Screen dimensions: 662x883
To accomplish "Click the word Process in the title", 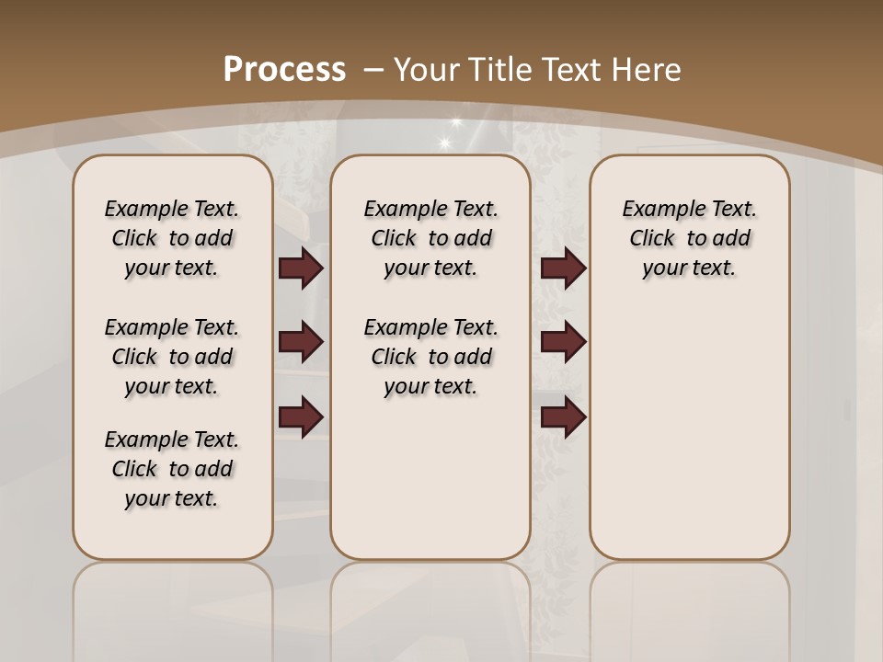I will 284,70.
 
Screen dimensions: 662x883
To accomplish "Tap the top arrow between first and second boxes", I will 301,268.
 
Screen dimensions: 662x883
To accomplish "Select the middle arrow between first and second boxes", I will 301,342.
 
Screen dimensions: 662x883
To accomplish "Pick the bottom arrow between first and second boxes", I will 301,417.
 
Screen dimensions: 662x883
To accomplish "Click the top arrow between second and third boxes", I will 563,268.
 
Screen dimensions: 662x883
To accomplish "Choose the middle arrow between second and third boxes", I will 563,342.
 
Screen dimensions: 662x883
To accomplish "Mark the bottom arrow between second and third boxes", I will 563,417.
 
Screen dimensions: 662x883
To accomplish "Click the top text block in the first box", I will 172,238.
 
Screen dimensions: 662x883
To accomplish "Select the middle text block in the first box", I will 172,357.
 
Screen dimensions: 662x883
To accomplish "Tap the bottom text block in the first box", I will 172,469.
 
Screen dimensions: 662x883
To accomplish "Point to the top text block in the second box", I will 431,238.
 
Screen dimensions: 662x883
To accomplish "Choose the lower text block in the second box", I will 431,357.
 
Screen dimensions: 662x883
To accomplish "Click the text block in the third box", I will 690,238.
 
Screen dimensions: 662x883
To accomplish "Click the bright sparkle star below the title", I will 446,142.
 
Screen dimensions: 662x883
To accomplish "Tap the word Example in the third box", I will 657,210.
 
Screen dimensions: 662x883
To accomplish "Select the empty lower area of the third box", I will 690,432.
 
